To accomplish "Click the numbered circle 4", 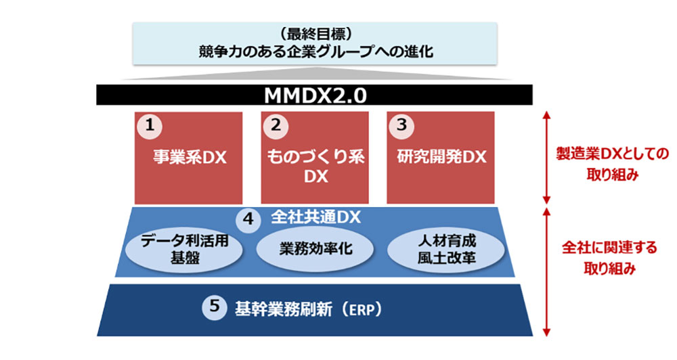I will [x=248, y=220].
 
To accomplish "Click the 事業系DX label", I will [x=188, y=158].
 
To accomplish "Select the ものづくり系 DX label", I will [x=315, y=166].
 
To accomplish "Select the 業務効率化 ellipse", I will [x=315, y=248].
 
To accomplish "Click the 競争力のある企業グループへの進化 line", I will [x=315, y=52].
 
